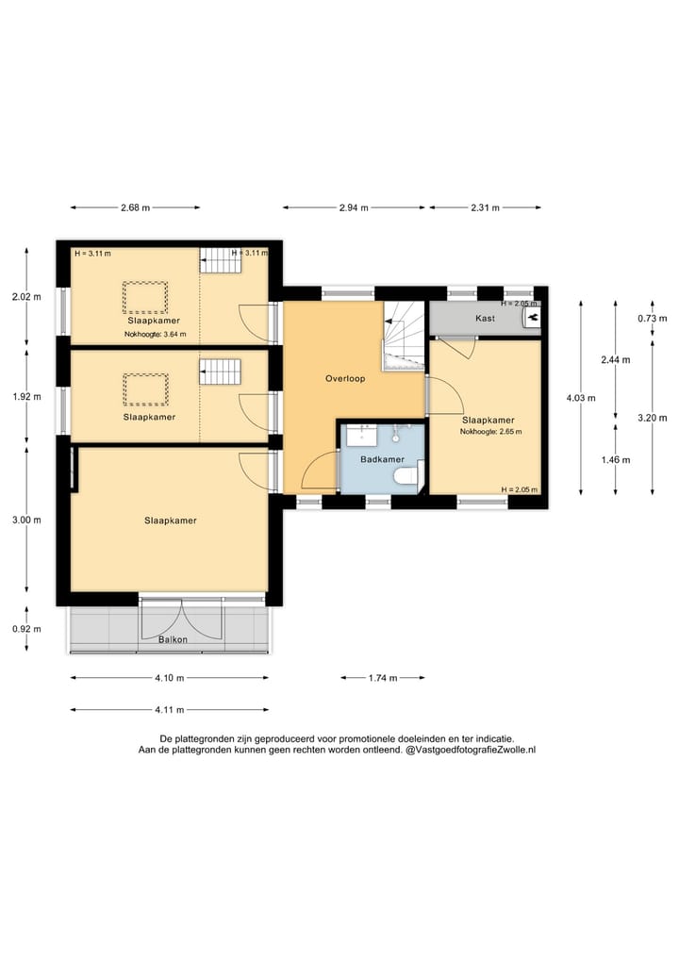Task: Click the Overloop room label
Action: coord(345,378)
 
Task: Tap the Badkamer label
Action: coord(382,459)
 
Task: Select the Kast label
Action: coord(485,319)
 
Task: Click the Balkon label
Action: coord(174,639)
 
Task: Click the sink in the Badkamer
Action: coord(362,435)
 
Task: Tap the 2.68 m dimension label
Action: coord(135,207)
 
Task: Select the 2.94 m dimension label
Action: coord(354,207)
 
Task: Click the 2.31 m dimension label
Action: coord(485,207)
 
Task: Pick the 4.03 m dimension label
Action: coord(581,398)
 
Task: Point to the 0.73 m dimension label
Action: coord(652,319)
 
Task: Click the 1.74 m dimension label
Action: coord(383,678)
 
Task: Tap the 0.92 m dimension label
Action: coord(26,629)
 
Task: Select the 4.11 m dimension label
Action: coord(170,710)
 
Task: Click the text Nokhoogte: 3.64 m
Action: coord(156,335)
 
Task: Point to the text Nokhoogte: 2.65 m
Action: coord(491,432)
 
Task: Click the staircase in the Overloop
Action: coord(404,336)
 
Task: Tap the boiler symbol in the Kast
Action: coord(532,318)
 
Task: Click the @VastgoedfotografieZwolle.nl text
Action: coord(471,750)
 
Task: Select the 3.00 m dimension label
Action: coord(26,521)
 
